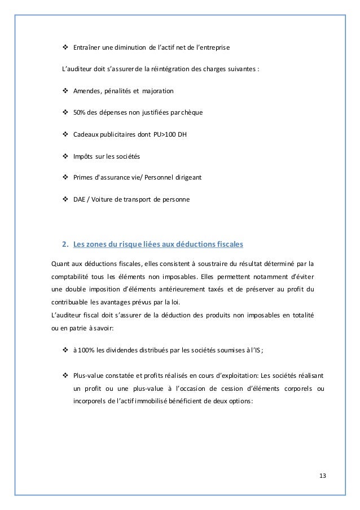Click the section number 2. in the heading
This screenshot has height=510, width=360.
coord(64,244)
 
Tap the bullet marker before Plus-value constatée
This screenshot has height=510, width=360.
coord(64,376)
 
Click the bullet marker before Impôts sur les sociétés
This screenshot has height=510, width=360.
coord(64,156)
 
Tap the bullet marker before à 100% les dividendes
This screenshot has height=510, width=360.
coord(64,350)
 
